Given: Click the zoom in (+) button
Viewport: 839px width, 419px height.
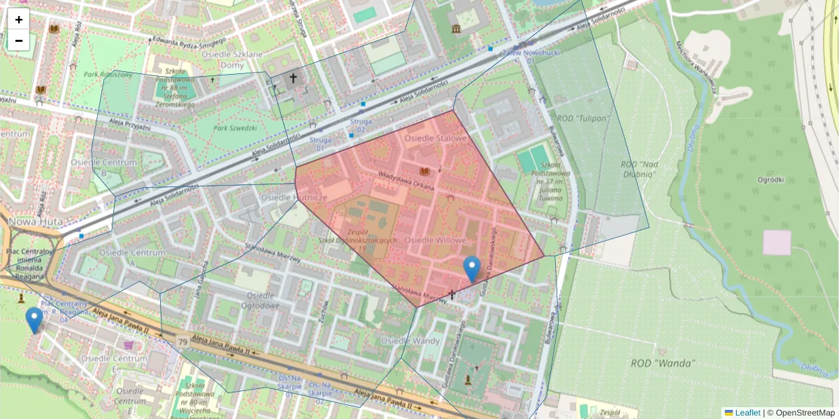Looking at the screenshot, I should coord(19,20).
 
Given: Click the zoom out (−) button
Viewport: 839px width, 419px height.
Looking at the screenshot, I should coord(19,41).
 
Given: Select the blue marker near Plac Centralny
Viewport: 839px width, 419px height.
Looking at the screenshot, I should coord(34,320).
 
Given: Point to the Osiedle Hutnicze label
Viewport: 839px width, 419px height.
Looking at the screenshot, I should coord(294,198).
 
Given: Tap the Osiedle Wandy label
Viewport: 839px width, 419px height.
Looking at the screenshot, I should coord(410,341).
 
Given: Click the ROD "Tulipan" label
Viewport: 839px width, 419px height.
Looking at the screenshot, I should coord(580,118).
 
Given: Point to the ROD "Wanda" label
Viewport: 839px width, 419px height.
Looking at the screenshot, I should coord(663,363).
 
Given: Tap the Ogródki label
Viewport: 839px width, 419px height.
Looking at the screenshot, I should coord(770,179).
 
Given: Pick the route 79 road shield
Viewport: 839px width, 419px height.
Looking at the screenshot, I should coord(182,341).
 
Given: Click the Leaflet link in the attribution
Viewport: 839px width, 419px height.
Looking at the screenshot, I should coord(747,413).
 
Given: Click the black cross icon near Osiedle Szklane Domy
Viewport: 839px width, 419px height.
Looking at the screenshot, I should coord(292,79).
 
